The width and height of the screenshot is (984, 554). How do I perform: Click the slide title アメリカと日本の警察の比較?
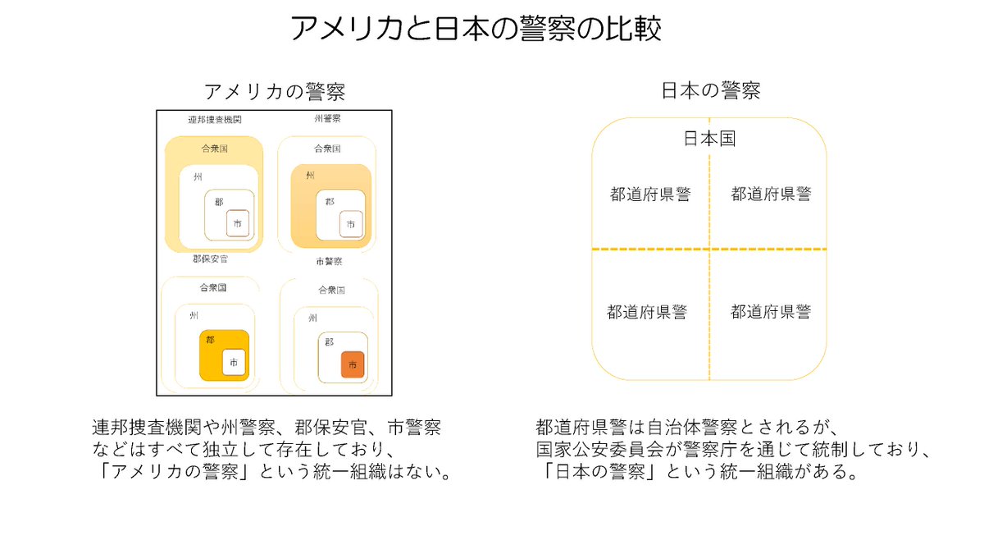coord(476,29)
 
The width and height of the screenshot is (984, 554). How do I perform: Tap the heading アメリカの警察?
coord(274,91)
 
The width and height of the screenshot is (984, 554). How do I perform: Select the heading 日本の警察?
coord(710,91)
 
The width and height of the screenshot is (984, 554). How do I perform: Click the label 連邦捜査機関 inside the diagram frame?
coord(215,120)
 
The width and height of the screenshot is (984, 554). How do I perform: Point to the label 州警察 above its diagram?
coord(327,119)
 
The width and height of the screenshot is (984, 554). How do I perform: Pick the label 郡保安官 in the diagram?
coord(210,259)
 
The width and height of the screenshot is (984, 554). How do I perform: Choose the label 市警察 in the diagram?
coord(329,262)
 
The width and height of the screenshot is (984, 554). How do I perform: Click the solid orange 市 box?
coord(353,364)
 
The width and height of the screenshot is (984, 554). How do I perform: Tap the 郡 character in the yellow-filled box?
coord(211,339)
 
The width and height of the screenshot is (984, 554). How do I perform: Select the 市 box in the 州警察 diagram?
coord(351,224)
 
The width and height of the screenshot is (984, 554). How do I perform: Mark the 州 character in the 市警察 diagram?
coord(312,318)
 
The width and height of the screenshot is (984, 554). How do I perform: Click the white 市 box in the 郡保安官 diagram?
coord(234,362)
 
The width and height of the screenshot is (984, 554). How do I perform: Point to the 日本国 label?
coord(709,139)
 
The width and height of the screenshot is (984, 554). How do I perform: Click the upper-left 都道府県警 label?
coord(650,195)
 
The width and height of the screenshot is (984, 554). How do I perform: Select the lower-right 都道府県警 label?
coord(771,312)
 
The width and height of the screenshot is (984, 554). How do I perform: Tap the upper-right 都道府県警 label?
coord(771,195)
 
